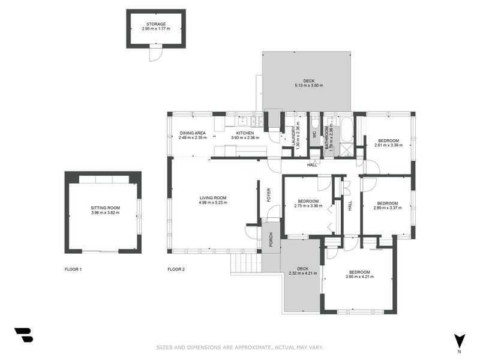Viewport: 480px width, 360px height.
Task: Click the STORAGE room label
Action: click(x=156, y=24)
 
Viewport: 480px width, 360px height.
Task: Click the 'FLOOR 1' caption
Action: click(x=73, y=269)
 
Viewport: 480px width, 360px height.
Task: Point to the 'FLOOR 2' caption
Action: click(x=176, y=269)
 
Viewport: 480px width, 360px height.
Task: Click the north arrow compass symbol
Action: click(x=460, y=341)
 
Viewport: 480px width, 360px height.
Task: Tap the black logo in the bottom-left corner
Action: click(x=23, y=335)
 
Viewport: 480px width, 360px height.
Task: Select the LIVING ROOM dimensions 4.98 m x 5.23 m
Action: click(x=213, y=202)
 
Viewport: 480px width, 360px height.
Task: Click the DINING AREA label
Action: click(x=193, y=133)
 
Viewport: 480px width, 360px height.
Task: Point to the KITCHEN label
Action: click(x=245, y=133)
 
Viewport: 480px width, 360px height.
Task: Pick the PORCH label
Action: click(x=271, y=239)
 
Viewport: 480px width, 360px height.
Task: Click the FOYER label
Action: click(x=269, y=195)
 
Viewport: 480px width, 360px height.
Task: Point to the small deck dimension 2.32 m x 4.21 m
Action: click(x=302, y=273)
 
